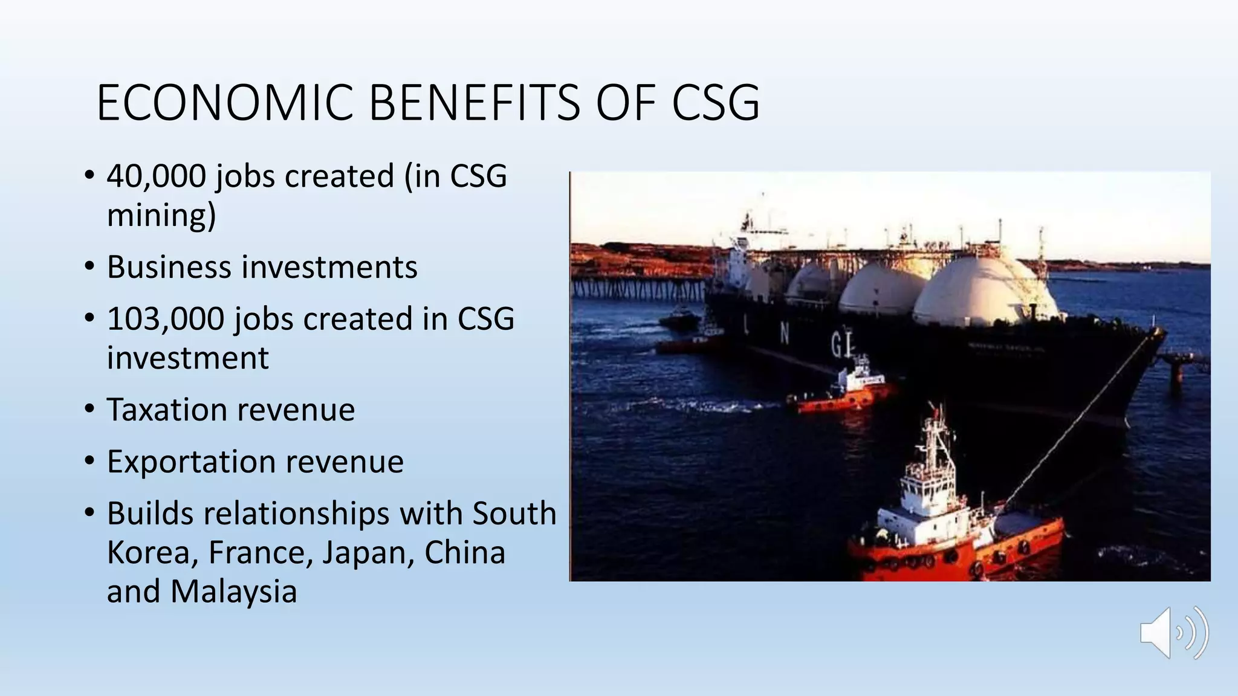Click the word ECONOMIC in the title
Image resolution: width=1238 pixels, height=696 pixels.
pyautogui.click(x=224, y=103)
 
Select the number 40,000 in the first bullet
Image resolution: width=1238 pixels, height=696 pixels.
pyautogui.click(x=156, y=176)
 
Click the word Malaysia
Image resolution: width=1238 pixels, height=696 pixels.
pyautogui.click(x=233, y=591)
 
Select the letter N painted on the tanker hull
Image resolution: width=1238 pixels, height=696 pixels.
pyautogui.click(x=785, y=332)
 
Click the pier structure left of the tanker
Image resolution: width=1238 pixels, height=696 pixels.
pyautogui.click(x=635, y=287)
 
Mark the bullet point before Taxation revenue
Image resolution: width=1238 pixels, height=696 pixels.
pyautogui.click(x=89, y=410)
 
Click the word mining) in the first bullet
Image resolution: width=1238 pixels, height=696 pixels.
pyautogui.click(x=161, y=215)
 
